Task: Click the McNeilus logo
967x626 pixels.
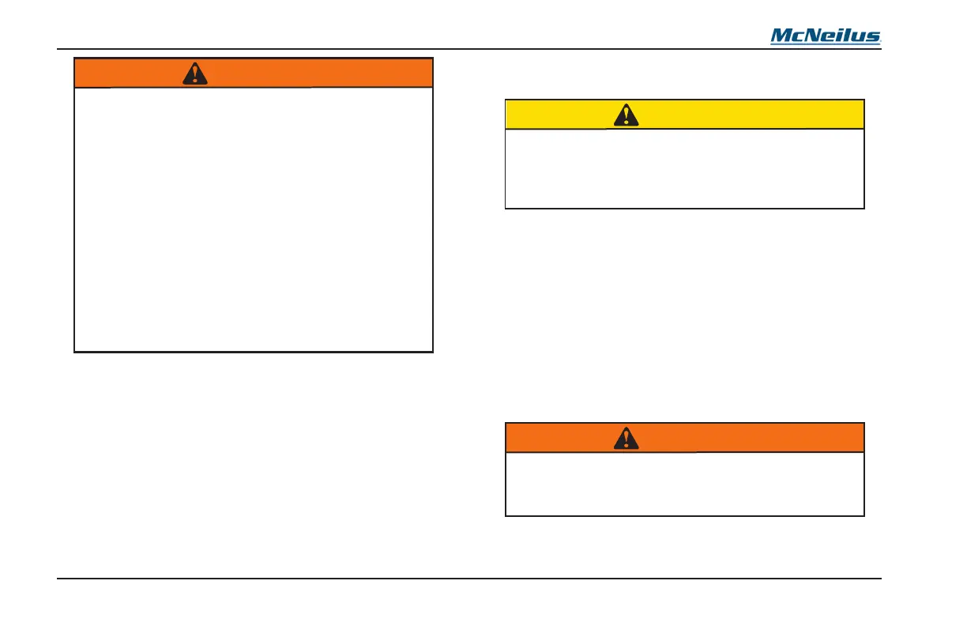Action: pos(826,36)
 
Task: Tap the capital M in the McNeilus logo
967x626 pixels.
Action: pos(781,36)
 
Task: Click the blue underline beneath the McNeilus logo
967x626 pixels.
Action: pos(826,43)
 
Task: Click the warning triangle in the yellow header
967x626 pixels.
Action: pos(626,115)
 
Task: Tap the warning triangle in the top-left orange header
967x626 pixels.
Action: pos(194,74)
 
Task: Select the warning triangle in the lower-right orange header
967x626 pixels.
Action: pos(626,439)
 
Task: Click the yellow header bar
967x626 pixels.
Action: pos(751,115)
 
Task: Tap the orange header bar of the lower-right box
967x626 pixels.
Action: pos(751,438)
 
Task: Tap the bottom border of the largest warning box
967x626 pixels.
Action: pos(253,351)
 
